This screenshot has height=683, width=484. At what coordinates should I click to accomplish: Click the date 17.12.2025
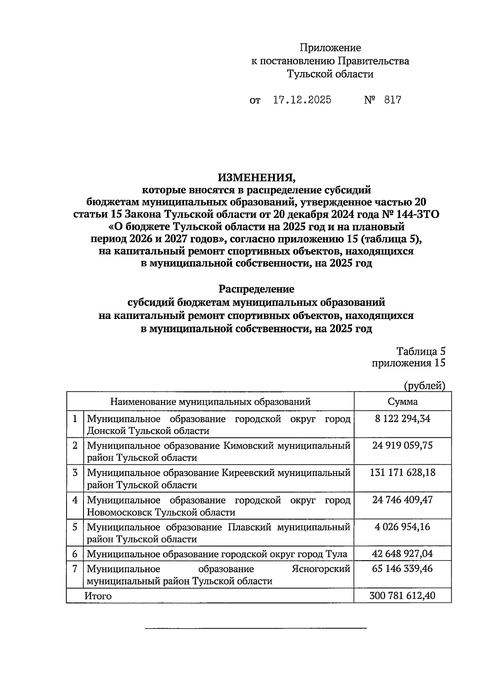click(x=302, y=100)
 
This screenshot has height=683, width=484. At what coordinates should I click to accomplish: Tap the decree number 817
click(x=392, y=100)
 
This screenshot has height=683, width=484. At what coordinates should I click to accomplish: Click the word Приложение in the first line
click(x=330, y=48)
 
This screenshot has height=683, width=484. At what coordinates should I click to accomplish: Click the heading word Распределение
click(x=257, y=289)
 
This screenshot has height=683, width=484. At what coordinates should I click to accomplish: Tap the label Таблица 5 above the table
click(x=421, y=351)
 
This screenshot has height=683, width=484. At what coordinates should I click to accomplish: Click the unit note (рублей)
click(x=424, y=386)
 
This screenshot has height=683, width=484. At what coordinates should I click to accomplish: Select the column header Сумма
click(x=403, y=402)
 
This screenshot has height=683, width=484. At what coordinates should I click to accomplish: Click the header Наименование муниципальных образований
click(x=210, y=402)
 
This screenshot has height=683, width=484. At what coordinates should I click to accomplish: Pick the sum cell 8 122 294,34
click(x=403, y=419)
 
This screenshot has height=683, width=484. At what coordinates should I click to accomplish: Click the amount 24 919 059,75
click(x=403, y=445)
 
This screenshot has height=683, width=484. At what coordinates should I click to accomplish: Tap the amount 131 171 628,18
click(x=403, y=472)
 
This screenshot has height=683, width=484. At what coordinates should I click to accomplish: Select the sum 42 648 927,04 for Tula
click(x=403, y=554)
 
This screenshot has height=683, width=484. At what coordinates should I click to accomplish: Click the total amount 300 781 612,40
click(x=403, y=595)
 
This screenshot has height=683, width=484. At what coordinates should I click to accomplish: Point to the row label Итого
click(x=98, y=596)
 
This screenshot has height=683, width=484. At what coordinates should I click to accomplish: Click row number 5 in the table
click(x=75, y=527)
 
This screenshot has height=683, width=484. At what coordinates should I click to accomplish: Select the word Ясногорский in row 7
click(x=321, y=569)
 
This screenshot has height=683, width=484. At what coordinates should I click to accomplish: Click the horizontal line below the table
click(x=256, y=628)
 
